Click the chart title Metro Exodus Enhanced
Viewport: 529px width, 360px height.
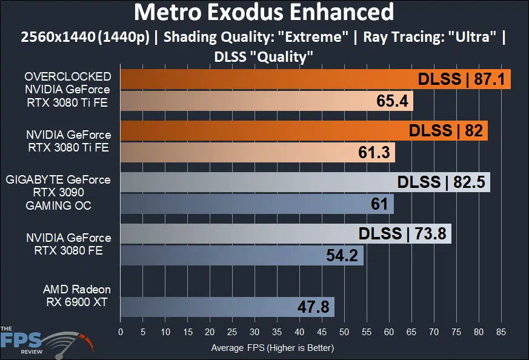(264, 12)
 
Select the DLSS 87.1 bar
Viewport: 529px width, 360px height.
(315, 79)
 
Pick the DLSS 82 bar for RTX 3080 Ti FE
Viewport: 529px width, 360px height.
(304, 130)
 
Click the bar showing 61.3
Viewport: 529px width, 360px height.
(258, 152)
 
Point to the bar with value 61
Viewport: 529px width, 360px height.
(257, 204)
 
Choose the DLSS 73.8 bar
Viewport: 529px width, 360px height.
(285, 233)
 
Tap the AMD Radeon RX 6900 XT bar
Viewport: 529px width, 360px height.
(227, 307)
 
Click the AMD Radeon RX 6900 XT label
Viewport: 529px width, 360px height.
(76, 295)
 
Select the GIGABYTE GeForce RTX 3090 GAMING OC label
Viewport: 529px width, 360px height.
(58, 192)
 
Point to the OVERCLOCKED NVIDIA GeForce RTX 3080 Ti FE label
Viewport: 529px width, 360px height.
(67, 89)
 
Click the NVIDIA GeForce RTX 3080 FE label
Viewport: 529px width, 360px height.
(68, 244)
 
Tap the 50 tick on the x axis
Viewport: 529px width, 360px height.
(344, 332)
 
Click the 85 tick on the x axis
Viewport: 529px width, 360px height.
(501, 332)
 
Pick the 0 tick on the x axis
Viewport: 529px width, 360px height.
(121, 332)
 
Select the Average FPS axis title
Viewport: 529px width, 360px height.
(272, 348)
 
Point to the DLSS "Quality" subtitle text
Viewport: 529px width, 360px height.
(264, 56)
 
